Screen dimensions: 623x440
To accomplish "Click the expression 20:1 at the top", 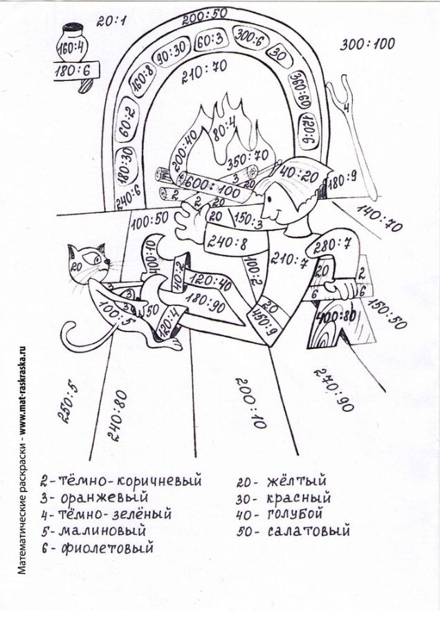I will click(x=111, y=22).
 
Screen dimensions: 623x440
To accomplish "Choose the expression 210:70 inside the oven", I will click(x=205, y=67).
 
